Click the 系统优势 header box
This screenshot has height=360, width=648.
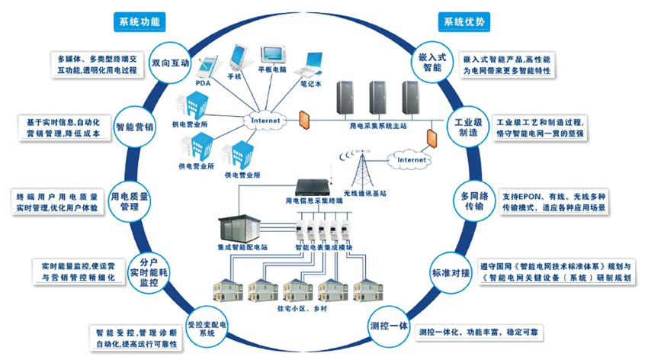pos(464,21)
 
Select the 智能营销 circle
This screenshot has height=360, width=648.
pos(135,127)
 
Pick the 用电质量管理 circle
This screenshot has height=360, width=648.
pos(127,200)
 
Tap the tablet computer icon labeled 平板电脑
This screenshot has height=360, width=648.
pos(272,54)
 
